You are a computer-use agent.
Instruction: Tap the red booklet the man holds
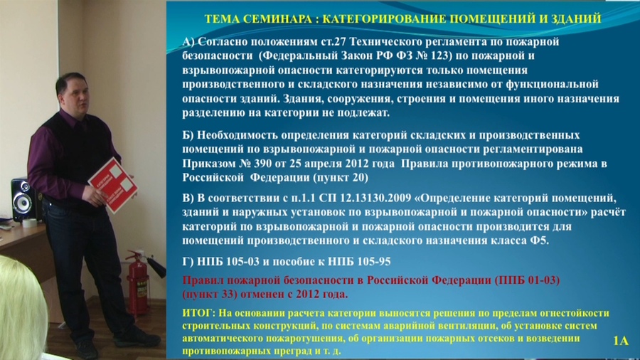tap(112, 185)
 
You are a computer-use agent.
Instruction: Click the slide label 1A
tap(621, 341)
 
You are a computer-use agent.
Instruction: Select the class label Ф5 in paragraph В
tap(538, 240)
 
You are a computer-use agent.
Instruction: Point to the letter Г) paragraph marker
tap(188, 261)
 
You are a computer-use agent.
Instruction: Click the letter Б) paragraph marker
tap(188, 134)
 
